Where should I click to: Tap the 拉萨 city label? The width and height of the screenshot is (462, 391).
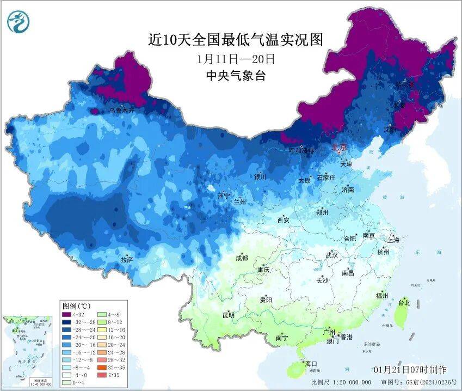tap(127, 260)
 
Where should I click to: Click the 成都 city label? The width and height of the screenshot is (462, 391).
tap(242, 258)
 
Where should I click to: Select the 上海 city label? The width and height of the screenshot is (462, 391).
tap(393, 240)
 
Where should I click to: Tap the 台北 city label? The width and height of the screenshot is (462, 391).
tap(404, 302)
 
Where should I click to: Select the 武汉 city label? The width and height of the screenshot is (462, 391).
tap(331, 255)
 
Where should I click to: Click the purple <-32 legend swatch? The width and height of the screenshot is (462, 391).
tap(67, 315)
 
